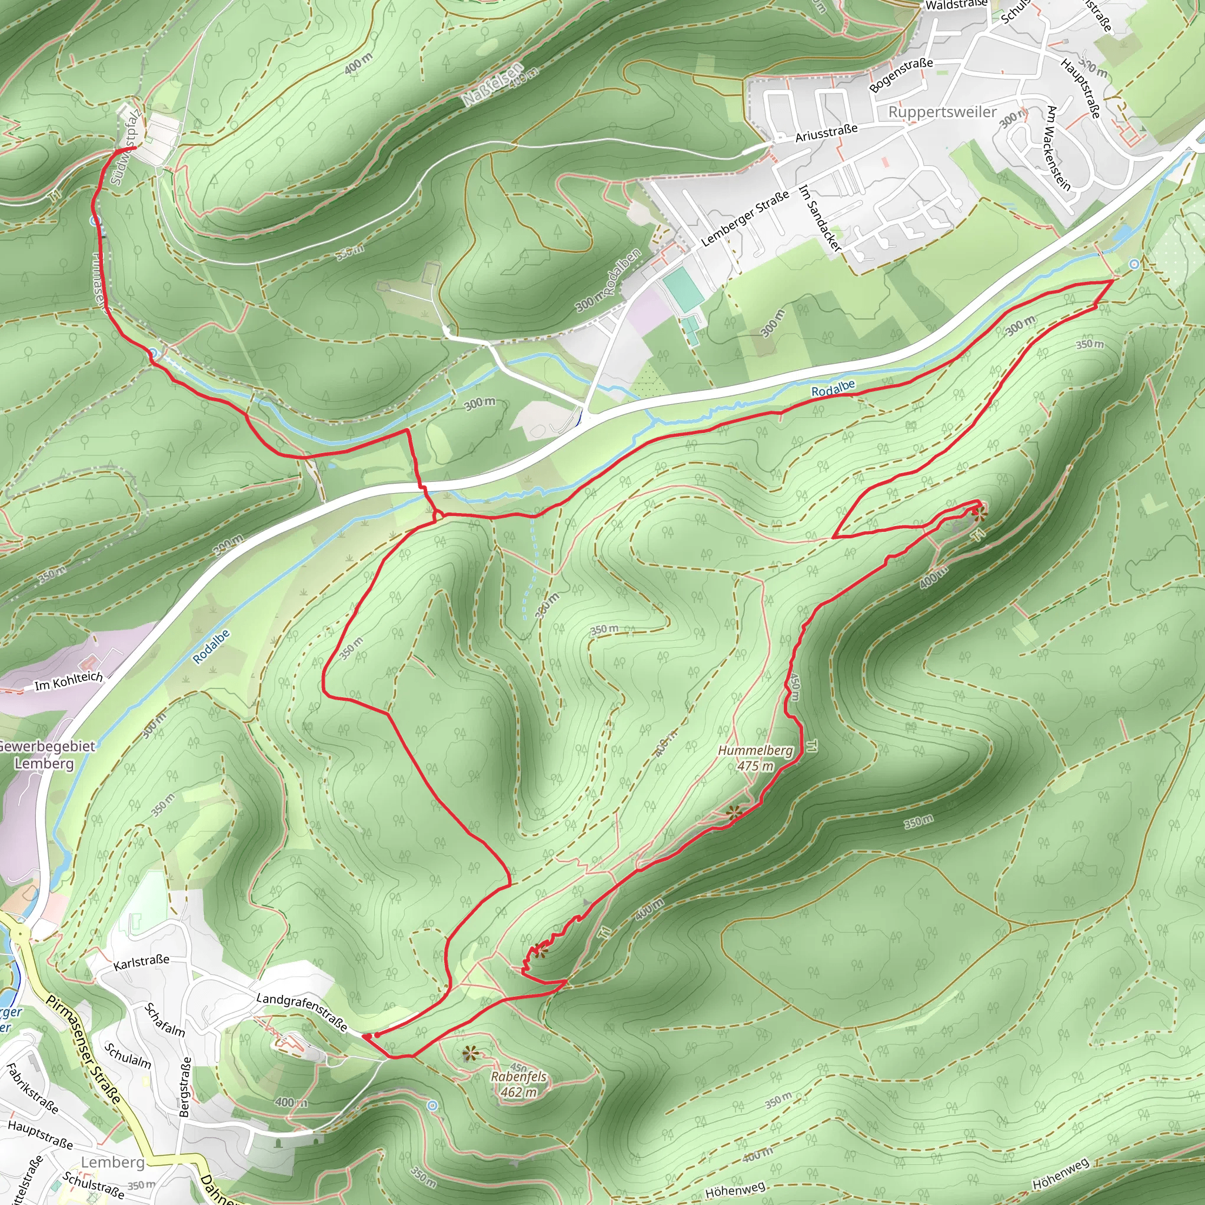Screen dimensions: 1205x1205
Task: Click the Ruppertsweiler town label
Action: tap(942, 112)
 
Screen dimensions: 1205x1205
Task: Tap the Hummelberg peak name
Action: tap(755, 751)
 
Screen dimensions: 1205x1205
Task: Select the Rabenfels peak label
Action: tap(518, 1077)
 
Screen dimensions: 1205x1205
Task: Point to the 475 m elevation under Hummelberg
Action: tap(755, 766)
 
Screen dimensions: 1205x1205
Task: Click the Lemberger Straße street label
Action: tap(745, 218)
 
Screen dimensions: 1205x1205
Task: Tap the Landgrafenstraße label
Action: tap(302, 1011)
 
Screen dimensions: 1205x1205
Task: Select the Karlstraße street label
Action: tap(141, 962)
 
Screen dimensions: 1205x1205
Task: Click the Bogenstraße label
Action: tap(901, 74)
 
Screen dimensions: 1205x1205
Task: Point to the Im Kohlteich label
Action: tap(69, 682)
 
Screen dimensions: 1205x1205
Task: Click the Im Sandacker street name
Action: tap(819, 218)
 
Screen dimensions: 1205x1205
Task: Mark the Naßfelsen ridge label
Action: tap(492, 84)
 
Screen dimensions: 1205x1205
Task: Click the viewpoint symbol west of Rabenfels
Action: tap(470, 1054)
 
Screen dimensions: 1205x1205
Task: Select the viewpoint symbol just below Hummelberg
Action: tap(735, 812)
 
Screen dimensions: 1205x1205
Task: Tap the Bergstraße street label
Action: tap(185, 1086)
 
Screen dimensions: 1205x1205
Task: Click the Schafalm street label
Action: tap(165, 1020)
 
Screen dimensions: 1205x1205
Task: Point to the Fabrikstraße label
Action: tap(32, 1088)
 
